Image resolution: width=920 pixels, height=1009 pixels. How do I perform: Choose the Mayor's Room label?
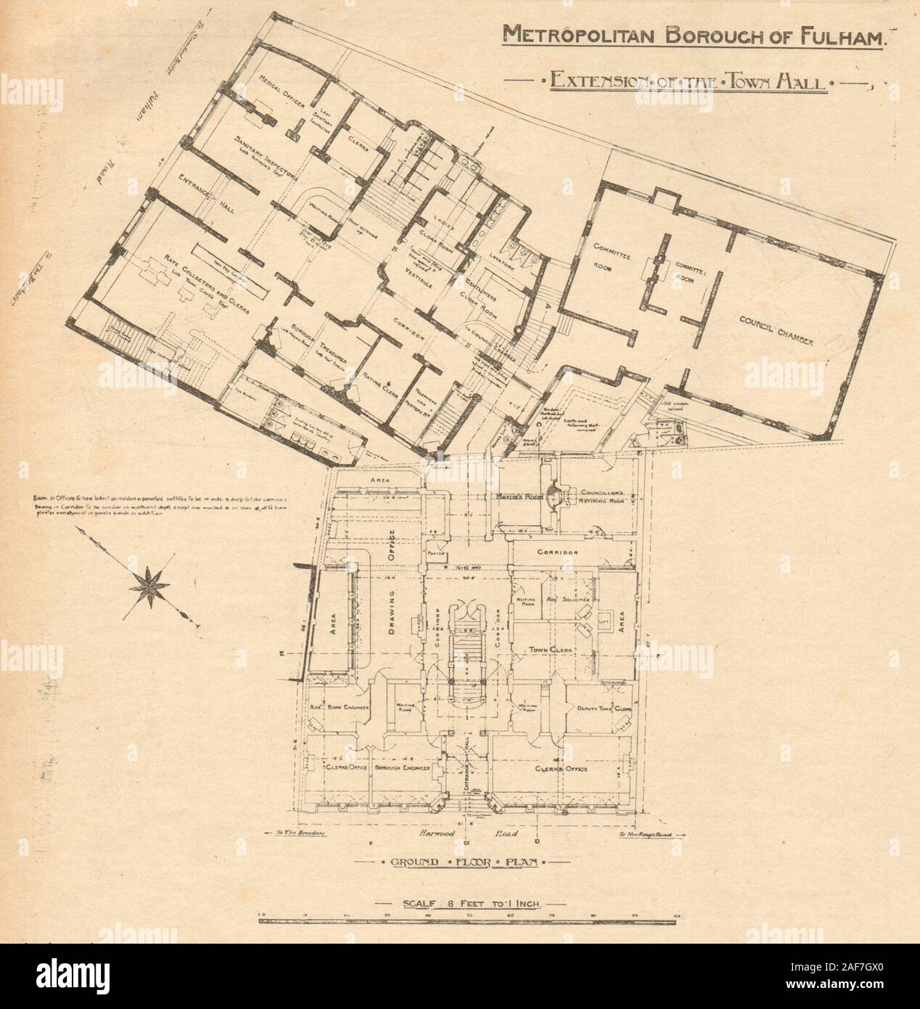click(x=520, y=499)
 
